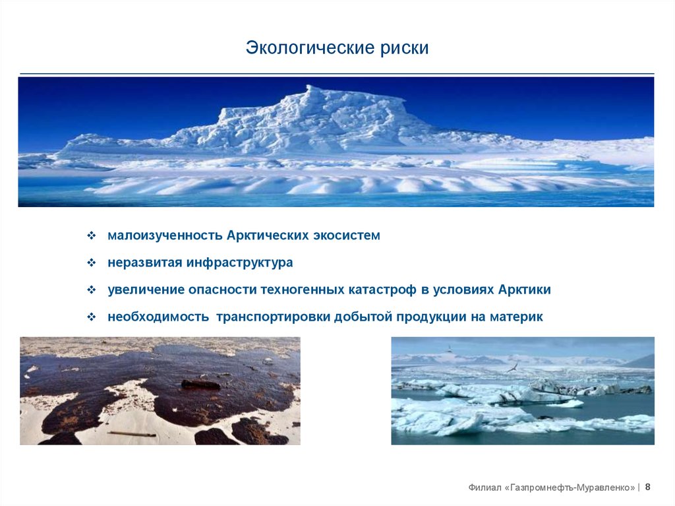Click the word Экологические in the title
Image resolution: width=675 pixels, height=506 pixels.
(310, 48)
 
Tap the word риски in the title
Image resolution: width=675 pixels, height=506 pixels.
(404, 48)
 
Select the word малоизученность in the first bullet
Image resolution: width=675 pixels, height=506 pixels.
(165, 236)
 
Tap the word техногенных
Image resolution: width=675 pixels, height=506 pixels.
(303, 290)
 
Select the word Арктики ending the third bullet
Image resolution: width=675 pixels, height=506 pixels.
(524, 289)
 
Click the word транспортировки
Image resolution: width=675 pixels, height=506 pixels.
(273, 317)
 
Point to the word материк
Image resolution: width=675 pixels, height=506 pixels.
(516, 317)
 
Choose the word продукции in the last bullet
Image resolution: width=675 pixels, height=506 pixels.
(431, 317)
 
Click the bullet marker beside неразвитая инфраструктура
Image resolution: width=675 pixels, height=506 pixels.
(91, 263)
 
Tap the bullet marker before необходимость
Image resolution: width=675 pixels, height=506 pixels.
(91, 317)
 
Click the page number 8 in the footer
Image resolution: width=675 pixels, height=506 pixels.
(648, 487)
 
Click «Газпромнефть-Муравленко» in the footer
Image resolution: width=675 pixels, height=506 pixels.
(570, 488)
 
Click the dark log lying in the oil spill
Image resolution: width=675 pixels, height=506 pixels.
(200, 383)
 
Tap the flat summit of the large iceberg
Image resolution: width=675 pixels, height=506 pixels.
(357, 95)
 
